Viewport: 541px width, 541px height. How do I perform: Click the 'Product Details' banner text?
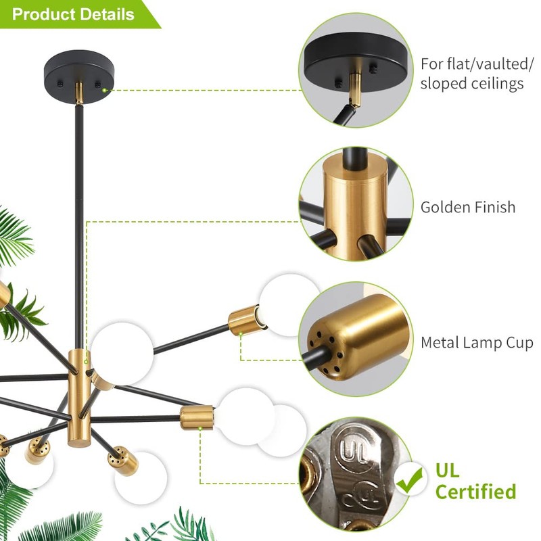(73, 14)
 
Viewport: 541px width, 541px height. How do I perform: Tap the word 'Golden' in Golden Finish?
(445, 207)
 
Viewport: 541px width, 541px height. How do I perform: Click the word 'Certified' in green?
(475, 492)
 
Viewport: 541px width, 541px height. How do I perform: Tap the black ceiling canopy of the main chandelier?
(78, 76)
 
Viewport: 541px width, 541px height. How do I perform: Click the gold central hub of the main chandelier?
(79, 398)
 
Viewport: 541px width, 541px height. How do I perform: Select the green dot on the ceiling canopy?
(104, 91)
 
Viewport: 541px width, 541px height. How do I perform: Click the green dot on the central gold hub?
(86, 362)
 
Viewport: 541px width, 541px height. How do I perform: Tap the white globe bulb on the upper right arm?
(290, 305)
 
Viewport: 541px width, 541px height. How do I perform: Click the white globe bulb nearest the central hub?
(122, 354)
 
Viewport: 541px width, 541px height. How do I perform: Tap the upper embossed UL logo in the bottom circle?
(352, 450)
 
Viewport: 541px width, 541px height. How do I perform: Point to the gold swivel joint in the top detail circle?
(356, 89)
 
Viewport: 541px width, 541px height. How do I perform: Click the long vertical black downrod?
(79, 227)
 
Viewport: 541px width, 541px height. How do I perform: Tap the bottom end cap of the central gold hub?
(78, 443)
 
